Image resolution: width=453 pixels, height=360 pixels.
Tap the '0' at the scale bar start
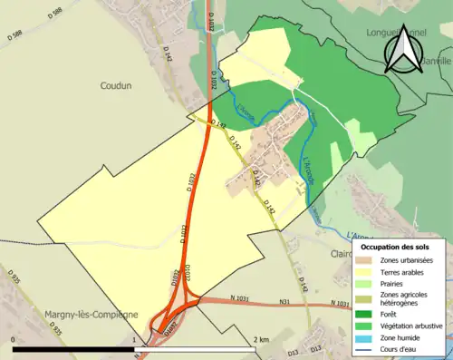14,339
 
